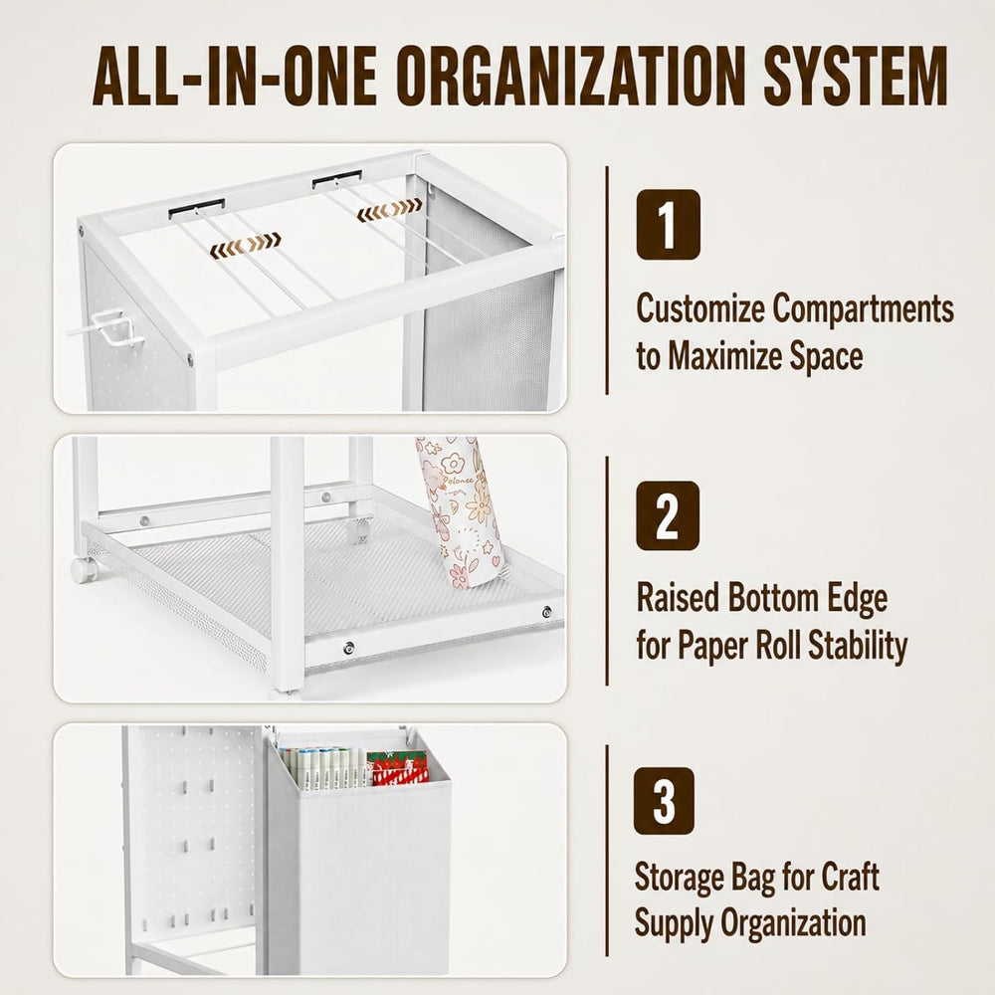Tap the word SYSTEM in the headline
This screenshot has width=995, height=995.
coord(856,75)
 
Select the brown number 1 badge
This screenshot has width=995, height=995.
coord(669,225)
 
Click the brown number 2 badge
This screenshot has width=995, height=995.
coord(668,515)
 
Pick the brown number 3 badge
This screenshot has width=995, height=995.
coord(664,801)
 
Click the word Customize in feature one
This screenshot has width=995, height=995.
coord(700,308)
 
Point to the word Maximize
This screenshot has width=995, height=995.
coord(724,355)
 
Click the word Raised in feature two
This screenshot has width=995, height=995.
coord(677,598)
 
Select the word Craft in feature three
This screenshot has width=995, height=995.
coord(851,878)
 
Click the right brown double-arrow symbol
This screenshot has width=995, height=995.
coord(389,209)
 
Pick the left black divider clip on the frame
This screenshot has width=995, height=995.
coord(197,209)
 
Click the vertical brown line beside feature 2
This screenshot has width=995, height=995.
coord(607,570)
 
